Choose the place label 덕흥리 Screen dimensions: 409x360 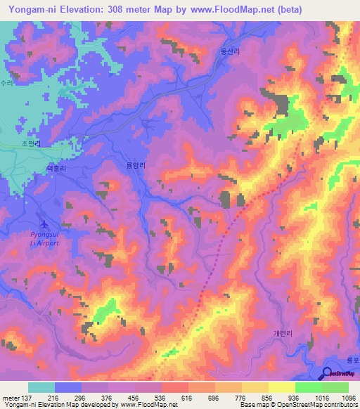click(56, 169)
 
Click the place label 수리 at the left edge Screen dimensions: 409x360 click(7, 82)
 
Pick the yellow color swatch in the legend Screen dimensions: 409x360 click(282, 387)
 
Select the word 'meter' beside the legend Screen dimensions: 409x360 click(11, 397)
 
